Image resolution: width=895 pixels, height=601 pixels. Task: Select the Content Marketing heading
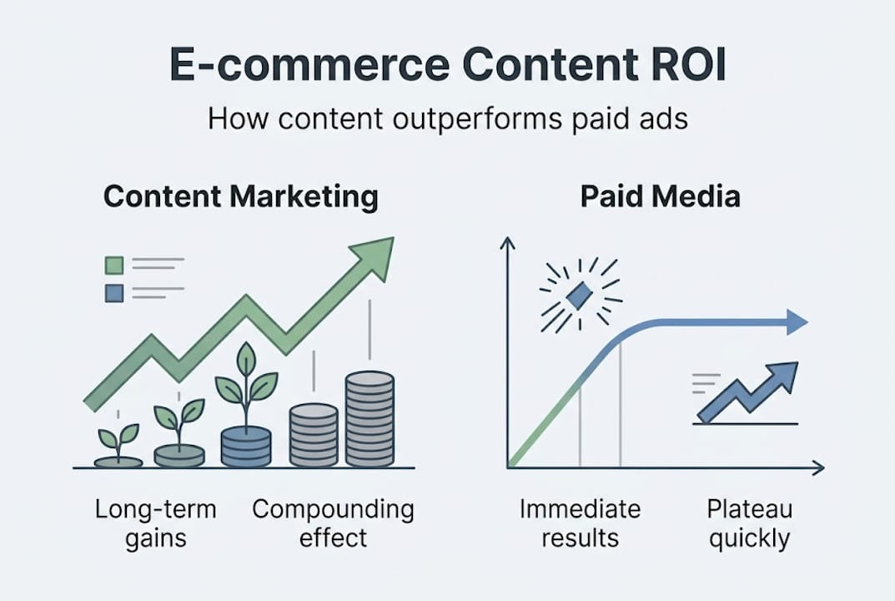pyautogui.click(x=240, y=198)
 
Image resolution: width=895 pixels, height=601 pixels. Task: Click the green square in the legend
pyautogui.click(x=114, y=265)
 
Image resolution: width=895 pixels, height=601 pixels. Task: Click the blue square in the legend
pyautogui.click(x=114, y=293)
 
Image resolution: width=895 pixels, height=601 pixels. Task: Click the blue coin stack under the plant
pyautogui.click(x=246, y=446)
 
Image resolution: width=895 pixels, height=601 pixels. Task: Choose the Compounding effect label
pyautogui.click(x=333, y=523)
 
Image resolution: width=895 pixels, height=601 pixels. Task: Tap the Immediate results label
pyautogui.click(x=580, y=523)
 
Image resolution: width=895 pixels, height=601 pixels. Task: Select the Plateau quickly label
pyautogui.click(x=748, y=523)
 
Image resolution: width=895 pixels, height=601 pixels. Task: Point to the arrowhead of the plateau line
pyautogui.click(x=797, y=322)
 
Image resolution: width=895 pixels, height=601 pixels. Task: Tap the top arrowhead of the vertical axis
pyautogui.click(x=507, y=244)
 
